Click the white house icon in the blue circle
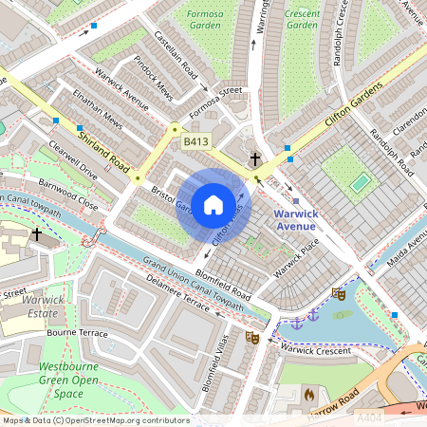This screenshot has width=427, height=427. tap(213, 204)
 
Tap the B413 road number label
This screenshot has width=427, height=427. tap(195, 141)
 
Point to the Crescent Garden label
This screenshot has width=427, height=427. tap(302, 19)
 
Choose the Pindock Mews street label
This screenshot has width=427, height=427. tap(152, 79)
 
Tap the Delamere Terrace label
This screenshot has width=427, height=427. tap(176, 291)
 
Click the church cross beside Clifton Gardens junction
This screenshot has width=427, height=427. tap(254, 159)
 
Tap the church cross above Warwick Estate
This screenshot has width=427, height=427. tap(36, 233)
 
